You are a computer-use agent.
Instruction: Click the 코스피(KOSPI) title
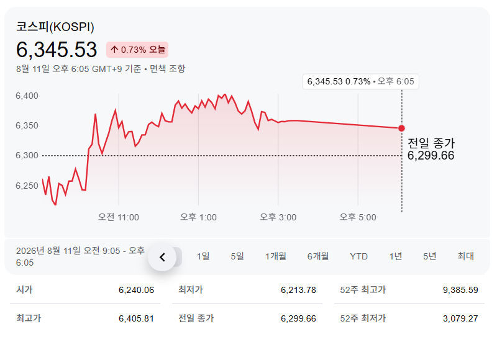[x=55, y=27]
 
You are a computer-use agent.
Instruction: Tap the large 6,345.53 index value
[x=57, y=50]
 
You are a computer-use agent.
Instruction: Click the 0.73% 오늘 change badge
[x=137, y=50]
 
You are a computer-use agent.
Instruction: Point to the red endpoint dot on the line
[x=401, y=128]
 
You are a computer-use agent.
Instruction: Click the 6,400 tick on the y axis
[x=27, y=96]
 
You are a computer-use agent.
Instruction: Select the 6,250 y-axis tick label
[x=27, y=186]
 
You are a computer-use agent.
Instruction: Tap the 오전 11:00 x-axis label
[x=119, y=217]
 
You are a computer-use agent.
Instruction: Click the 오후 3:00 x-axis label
[x=278, y=217]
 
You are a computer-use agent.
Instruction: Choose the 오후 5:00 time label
[x=358, y=217]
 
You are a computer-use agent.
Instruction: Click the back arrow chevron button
[x=162, y=257]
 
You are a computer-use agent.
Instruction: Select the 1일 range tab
[x=203, y=256]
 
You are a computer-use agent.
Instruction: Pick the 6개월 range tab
[x=318, y=256]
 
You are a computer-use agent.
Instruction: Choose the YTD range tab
[x=359, y=256]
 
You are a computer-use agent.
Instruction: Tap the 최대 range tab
[x=465, y=256]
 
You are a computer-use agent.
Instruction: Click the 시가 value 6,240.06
[x=136, y=290]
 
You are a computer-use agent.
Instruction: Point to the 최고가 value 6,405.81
[x=136, y=318]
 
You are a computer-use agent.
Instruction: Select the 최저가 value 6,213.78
[x=298, y=290]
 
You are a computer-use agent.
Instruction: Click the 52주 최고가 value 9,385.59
[x=460, y=290]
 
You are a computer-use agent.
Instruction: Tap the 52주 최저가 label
[x=363, y=318]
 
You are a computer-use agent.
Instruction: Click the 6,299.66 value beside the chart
[x=431, y=155]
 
